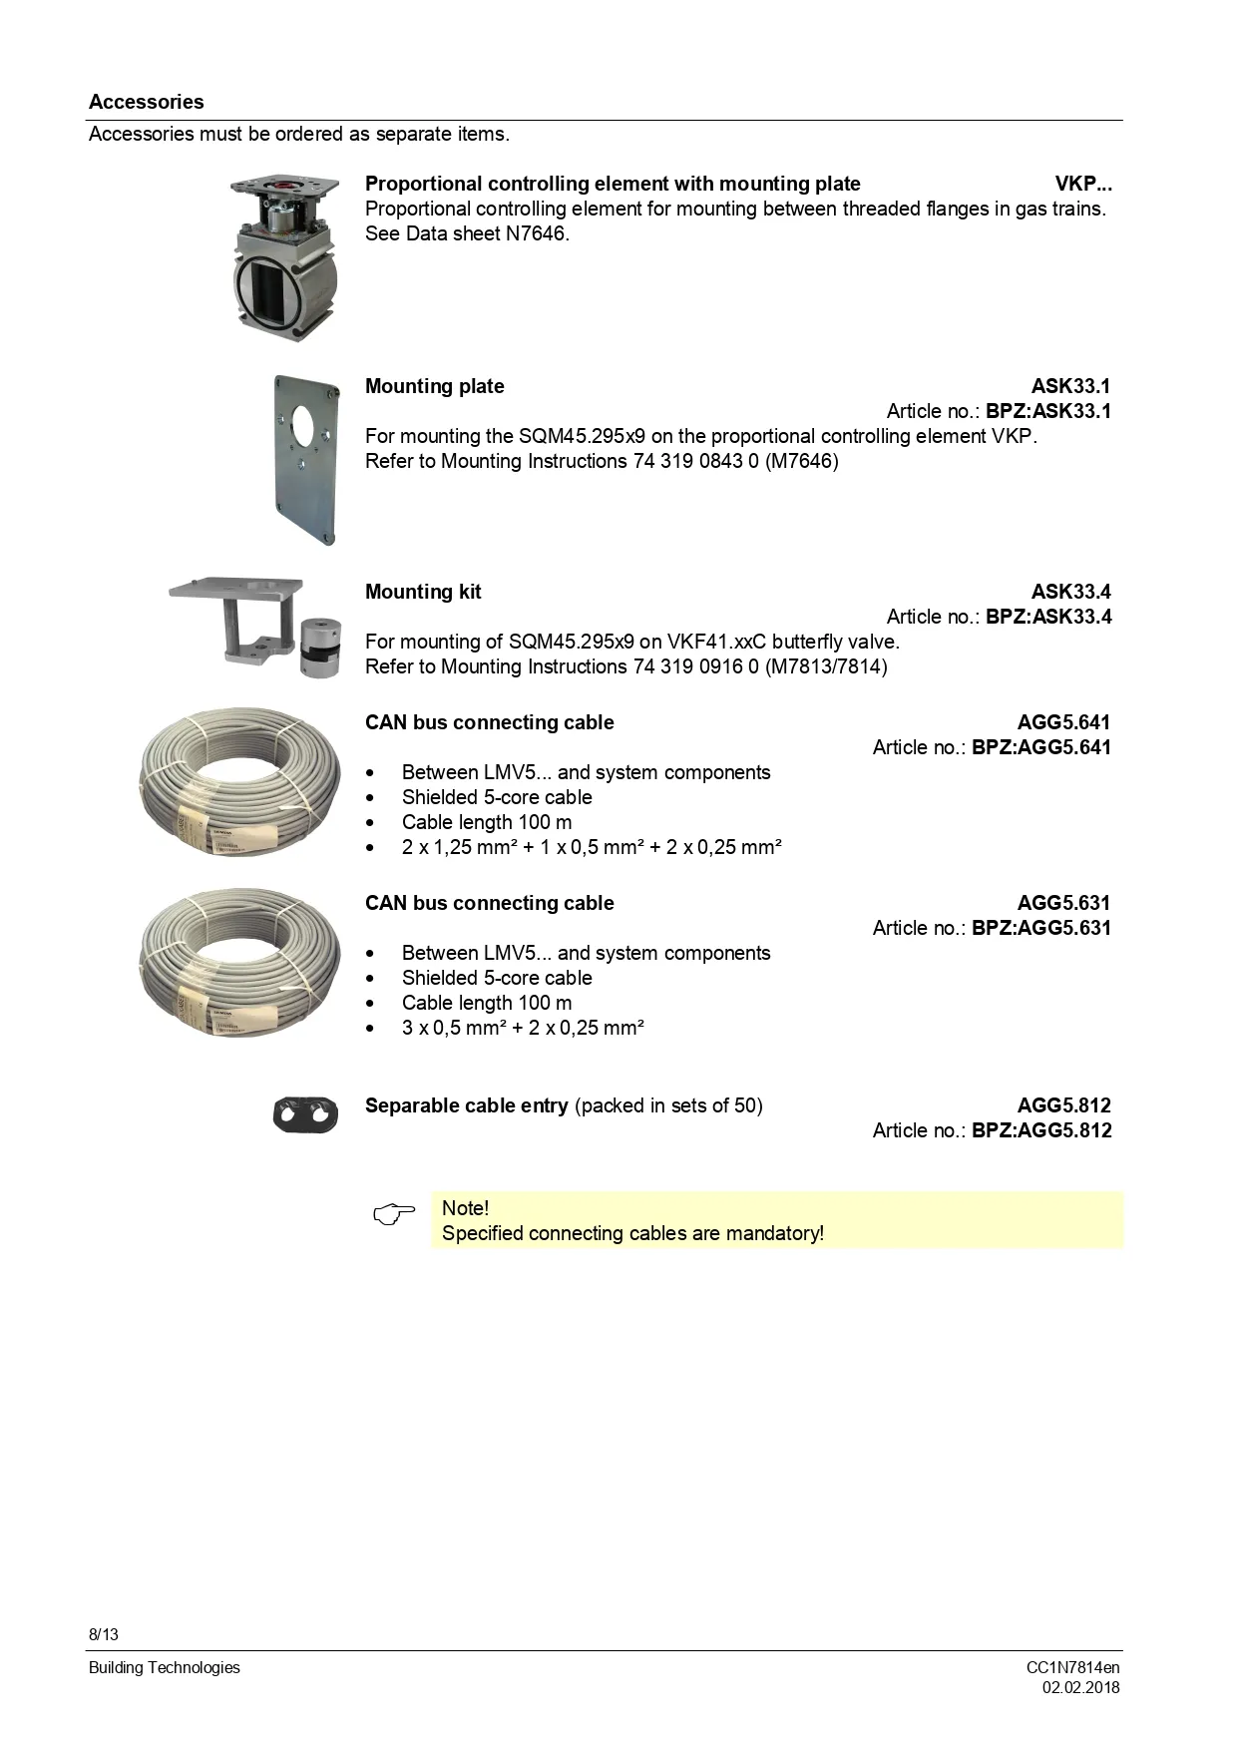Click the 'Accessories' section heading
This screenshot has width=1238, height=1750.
click(x=146, y=102)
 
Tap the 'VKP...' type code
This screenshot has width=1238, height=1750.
click(x=1082, y=184)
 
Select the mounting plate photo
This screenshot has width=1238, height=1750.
click(x=307, y=460)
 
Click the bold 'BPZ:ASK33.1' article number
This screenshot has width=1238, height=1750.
click(x=1047, y=411)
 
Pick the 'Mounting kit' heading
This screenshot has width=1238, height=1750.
click(x=423, y=592)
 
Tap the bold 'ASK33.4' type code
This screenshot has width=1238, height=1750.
click(x=1070, y=592)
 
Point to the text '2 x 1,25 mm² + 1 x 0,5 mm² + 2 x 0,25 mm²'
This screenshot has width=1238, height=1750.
click(x=592, y=847)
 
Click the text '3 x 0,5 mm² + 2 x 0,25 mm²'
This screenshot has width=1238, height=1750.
click(x=523, y=1028)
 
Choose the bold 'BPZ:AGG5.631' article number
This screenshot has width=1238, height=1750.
click(x=1040, y=928)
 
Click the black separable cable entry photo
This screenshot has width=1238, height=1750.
click(x=305, y=1114)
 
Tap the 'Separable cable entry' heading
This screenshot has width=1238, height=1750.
click(x=466, y=1105)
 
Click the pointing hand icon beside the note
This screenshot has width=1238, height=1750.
click(x=394, y=1215)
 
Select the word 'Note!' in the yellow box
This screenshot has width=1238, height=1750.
click(x=465, y=1208)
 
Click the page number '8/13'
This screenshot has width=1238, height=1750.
click(x=104, y=1634)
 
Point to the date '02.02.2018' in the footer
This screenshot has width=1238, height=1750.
click(x=1080, y=1688)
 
